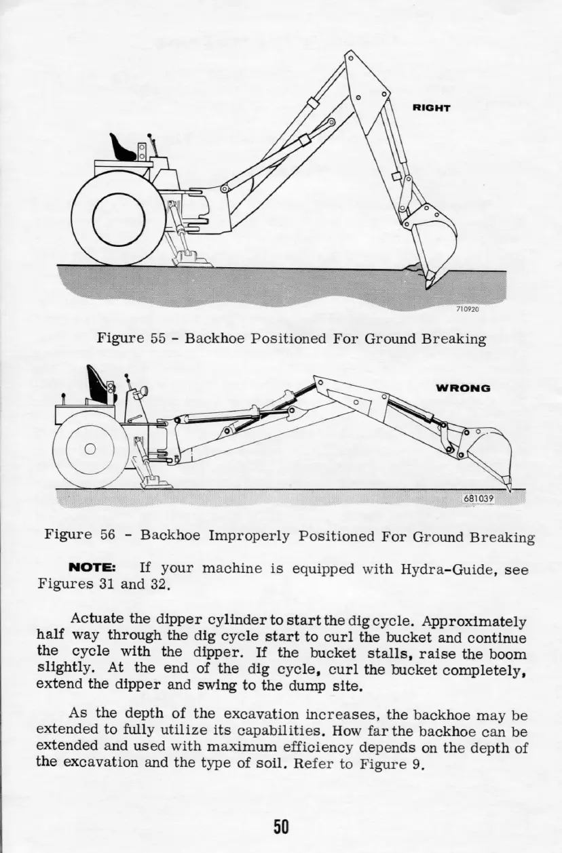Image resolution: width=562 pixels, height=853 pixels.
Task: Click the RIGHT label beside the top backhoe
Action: pyautogui.click(x=432, y=107)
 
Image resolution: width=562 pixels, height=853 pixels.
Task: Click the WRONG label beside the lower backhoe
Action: pyautogui.click(x=462, y=389)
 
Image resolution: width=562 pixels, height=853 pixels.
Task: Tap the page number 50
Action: pyautogui.click(x=281, y=825)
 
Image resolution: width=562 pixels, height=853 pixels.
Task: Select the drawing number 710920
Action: pyautogui.click(x=467, y=308)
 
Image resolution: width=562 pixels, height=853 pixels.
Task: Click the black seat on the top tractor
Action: pyautogui.click(x=123, y=147)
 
